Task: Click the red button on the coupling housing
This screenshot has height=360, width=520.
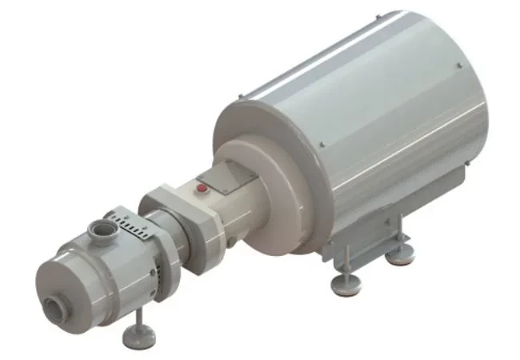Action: pos(202,190)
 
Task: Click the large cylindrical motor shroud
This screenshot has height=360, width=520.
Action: pos(376,136)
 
